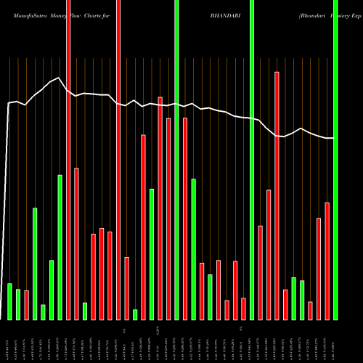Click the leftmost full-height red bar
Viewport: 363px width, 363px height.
coord(68,160)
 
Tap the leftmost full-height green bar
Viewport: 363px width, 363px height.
coord(176,160)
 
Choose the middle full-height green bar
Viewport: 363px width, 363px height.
coord(252,160)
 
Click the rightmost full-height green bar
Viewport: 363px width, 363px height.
coord(335,160)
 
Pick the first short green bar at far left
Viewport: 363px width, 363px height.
coord(10,301)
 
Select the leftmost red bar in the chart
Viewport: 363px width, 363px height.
coord(27,305)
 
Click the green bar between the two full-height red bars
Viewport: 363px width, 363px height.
coord(85,311)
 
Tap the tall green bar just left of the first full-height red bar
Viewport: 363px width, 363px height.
coord(60,247)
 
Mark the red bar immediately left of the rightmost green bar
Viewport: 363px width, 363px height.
coord(327,261)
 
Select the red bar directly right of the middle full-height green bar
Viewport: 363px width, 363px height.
coord(260,272)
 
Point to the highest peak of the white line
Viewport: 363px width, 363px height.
coord(58,78)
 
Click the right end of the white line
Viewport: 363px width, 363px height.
coord(333,138)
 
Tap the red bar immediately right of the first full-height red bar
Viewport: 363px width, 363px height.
coord(76,243)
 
